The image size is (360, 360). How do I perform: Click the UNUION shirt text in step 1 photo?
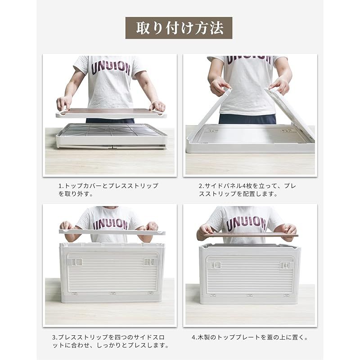pos(111,68)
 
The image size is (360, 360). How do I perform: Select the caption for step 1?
pos(108,189)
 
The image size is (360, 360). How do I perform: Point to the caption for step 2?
pos(247,189)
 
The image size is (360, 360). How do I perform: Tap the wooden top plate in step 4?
pos(250,234)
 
